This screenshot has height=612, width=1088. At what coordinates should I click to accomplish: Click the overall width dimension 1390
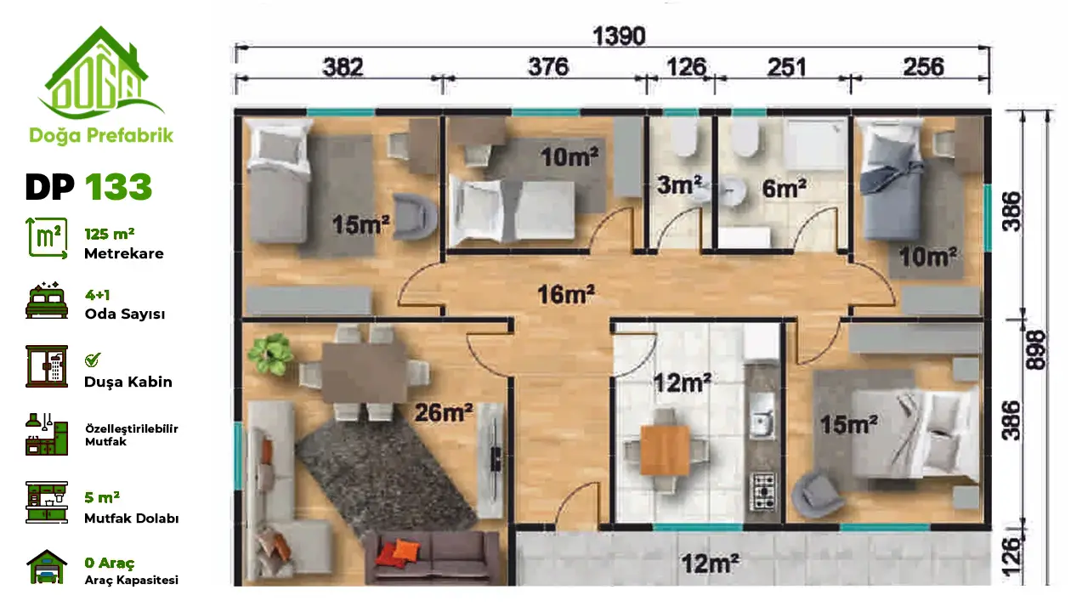[619, 37]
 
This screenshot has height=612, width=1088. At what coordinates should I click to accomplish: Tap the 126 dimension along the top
[686, 67]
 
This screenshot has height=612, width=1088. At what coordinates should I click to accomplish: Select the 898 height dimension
[1036, 349]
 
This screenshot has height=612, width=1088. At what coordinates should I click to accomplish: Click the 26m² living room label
[444, 413]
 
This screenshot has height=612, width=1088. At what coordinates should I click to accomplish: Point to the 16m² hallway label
[566, 294]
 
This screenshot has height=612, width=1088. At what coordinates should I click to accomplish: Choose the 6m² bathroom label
[784, 188]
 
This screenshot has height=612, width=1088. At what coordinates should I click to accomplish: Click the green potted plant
[270, 353]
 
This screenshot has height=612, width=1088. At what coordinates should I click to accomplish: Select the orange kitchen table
[665, 450]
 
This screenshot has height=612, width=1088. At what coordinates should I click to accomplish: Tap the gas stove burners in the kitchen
[762, 491]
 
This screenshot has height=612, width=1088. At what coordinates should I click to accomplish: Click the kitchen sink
[762, 422]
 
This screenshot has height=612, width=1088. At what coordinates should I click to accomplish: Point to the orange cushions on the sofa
[397, 552]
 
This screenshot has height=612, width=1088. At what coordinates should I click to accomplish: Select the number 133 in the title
[118, 187]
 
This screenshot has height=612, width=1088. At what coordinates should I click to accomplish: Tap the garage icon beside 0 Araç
[47, 566]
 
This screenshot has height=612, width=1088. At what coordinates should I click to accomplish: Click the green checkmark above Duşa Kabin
[92, 360]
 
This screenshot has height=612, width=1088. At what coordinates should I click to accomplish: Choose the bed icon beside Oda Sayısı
[47, 301]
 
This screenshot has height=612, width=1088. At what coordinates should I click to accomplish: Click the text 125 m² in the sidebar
[110, 234]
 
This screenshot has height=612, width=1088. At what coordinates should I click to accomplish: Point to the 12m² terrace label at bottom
[710, 564]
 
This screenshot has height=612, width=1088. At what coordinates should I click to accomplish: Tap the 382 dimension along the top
[343, 67]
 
